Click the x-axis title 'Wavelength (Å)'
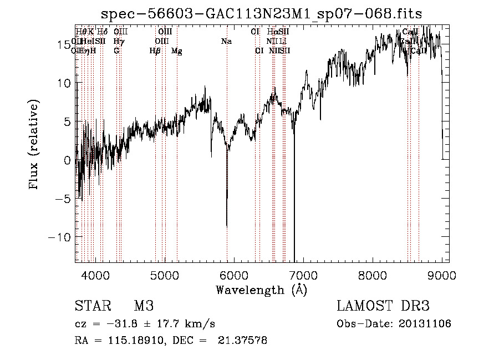coord(262,290)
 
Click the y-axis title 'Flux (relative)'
coord(34,145)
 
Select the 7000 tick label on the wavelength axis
coord(303,275)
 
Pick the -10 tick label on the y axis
coord(60,237)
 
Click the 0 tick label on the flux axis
coord(67,160)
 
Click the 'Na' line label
coord(226,41)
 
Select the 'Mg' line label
coord(177,51)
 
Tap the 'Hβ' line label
coord(155,51)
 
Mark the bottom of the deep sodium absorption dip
coord(227,225)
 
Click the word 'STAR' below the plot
coord(92,306)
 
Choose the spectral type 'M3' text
coord(144,306)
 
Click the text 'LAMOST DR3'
coord(383,306)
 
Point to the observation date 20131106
coord(424,324)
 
